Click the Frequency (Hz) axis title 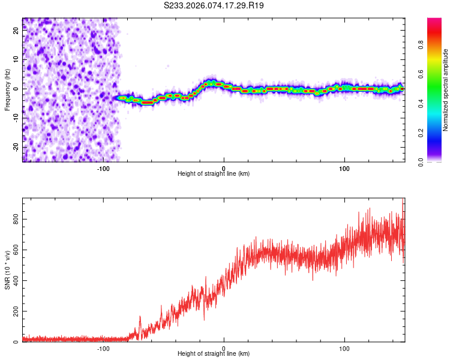pos(7,90)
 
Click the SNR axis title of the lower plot pos(7,271)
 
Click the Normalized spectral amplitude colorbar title pos(446,90)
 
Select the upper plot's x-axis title pos(214,173)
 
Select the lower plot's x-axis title pos(214,354)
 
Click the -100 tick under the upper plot pos(103,167)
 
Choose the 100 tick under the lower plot pos(344,348)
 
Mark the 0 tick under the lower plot pos(224,348)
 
